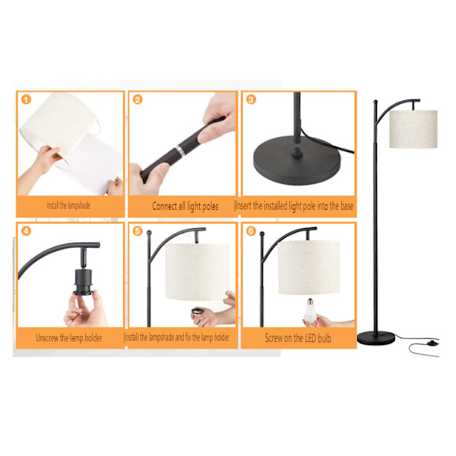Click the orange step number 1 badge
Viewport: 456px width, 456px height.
[x=26, y=100]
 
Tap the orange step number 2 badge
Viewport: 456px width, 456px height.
[x=138, y=100]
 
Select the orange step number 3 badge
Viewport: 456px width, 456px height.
[x=251, y=100]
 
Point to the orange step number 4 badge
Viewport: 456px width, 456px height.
[x=26, y=231]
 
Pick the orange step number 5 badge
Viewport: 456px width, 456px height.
[x=138, y=231]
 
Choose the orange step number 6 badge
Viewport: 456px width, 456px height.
[x=251, y=231]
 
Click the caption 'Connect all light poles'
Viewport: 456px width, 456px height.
[x=185, y=206]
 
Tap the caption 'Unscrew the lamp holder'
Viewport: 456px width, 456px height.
[x=69, y=338]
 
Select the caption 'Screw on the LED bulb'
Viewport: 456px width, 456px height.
[x=298, y=338]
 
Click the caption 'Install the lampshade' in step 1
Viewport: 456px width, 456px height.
[x=68, y=206]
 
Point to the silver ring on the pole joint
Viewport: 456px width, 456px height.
[x=179, y=151]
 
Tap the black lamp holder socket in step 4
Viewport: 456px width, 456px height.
[x=84, y=282]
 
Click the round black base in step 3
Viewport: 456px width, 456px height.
[x=297, y=160]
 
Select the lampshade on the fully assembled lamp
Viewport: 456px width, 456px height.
[x=413, y=129]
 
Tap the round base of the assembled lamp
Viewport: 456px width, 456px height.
[x=376, y=338]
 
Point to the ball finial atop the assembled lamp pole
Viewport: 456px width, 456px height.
[x=375, y=102]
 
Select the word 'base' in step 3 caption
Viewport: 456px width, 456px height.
[x=347, y=206]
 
